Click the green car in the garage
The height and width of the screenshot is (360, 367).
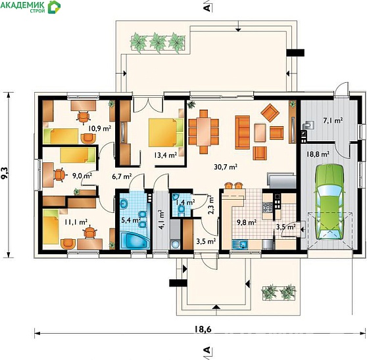click(x=330, y=202)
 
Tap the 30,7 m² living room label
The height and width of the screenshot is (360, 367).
click(x=226, y=167)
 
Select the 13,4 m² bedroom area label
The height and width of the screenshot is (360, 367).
click(x=165, y=155)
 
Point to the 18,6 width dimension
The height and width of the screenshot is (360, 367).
click(x=203, y=329)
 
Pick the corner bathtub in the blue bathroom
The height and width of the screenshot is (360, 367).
click(x=135, y=240)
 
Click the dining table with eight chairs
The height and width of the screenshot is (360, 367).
click(x=203, y=131)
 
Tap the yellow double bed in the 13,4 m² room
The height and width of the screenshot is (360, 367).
click(x=166, y=132)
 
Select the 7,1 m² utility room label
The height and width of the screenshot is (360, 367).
click(x=333, y=121)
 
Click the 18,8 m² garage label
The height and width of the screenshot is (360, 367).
click(x=318, y=154)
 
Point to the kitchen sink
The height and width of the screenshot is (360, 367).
click(x=240, y=244)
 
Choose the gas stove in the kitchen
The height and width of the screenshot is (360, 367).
click(x=268, y=207)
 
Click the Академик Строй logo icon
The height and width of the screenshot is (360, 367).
click(x=55, y=7)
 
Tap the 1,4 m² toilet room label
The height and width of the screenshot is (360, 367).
click(x=185, y=202)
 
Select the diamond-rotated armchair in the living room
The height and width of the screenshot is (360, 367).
click(x=270, y=113)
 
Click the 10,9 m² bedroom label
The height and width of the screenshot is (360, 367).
click(x=99, y=128)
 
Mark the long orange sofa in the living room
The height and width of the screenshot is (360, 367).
click(x=243, y=132)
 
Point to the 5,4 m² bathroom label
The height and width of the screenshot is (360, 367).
click(x=131, y=219)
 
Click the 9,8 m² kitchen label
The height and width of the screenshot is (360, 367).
click(x=247, y=222)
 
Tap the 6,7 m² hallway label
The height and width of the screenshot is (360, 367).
click(x=122, y=176)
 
